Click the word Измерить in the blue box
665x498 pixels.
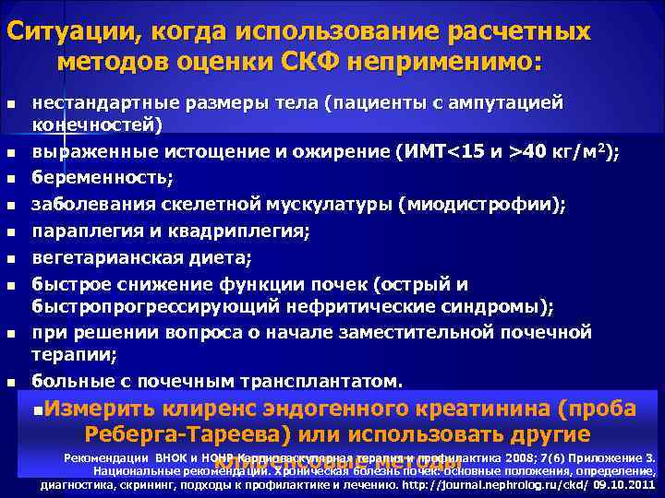[x=100, y=409]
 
